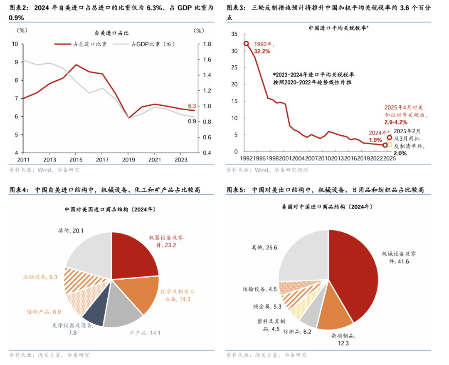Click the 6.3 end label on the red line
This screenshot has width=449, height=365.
(x=192, y=106)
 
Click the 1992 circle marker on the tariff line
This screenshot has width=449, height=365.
(x=246, y=43)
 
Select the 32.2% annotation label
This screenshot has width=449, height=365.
(x=262, y=51)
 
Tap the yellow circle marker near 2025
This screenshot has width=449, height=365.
(x=389, y=144)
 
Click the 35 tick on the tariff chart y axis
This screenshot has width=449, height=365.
(x=234, y=34)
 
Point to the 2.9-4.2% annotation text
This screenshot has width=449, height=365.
(x=395, y=122)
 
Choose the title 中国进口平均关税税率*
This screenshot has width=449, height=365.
(x=338, y=28)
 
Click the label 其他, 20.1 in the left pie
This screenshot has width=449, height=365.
(x=71, y=230)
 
